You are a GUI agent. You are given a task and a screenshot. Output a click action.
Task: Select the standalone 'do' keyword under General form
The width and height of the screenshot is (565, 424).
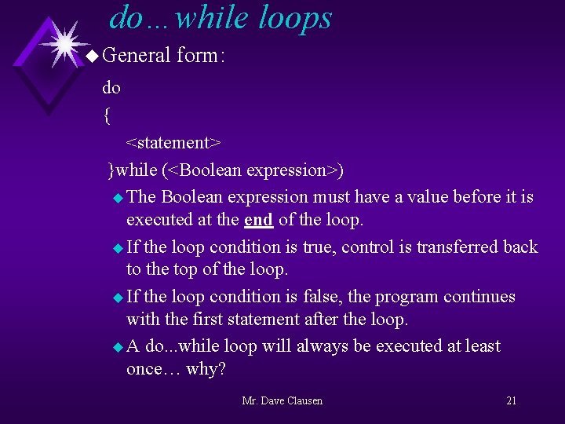[111, 88]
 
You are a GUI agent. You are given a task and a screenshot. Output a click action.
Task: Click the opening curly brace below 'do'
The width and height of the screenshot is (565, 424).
[107, 116]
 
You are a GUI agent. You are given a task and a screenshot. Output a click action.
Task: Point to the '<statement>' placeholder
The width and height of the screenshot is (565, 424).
[173, 143]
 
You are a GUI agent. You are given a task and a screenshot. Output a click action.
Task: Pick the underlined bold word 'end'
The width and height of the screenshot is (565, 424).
[258, 221]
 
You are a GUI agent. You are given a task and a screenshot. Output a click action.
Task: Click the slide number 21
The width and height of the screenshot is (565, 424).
[511, 401]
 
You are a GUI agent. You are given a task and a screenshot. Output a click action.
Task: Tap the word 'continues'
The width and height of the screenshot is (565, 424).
[479, 297]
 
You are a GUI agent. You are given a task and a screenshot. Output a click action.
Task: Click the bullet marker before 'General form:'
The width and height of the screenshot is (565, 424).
[92, 56]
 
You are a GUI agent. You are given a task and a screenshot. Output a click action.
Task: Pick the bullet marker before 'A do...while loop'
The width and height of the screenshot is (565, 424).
[118, 347]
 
